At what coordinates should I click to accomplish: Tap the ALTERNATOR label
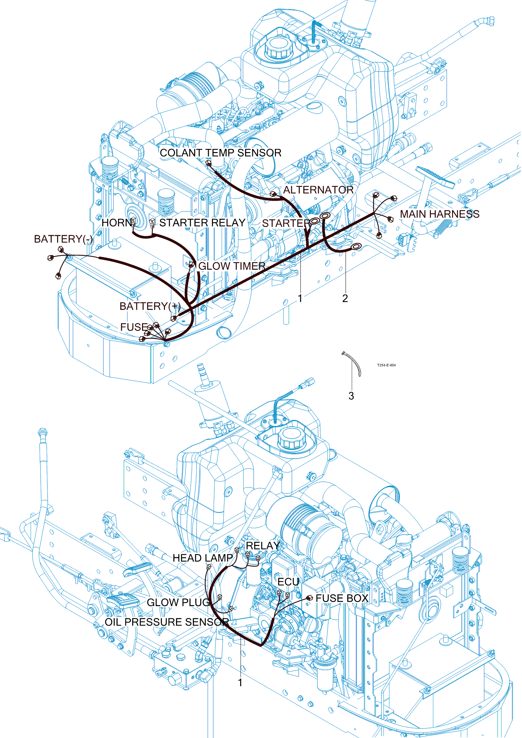(318, 190)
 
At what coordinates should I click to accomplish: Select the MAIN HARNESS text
(440, 214)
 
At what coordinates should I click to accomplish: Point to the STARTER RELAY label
(203, 223)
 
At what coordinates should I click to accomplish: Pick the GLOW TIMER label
(232, 266)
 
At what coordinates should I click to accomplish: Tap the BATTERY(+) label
(150, 306)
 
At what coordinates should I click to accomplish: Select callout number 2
(345, 299)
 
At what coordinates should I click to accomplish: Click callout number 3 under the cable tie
(351, 396)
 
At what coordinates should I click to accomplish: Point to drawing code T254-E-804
(387, 365)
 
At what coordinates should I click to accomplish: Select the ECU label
(288, 582)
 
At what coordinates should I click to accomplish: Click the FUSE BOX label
(342, 598)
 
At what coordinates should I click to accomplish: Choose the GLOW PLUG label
(179, 602)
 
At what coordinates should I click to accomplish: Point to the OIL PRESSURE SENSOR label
(167, 622)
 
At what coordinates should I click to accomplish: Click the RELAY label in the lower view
(263, 546)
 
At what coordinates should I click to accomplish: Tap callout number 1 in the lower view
(240, 683)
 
